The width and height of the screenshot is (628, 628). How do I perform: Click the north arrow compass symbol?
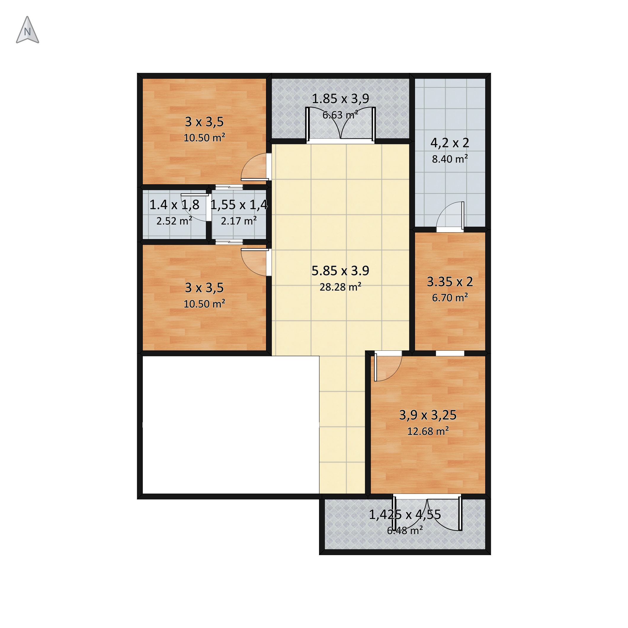tap(27, 30)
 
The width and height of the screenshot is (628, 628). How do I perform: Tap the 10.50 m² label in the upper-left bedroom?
tap(204, 138)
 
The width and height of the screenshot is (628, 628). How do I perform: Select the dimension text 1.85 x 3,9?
tap(340, 98)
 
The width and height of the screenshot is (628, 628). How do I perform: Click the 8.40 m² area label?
tap(450, 159)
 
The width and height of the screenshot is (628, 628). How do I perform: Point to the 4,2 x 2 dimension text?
tap(450, 143)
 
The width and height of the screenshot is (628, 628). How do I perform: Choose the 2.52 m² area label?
tap(174, 221)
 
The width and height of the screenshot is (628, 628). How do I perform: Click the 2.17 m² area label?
tap(239, 221)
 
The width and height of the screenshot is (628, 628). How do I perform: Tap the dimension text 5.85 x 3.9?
tap(340, 270)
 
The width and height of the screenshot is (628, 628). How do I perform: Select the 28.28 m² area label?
tap(340, 287)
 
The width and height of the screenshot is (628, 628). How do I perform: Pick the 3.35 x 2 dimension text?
tap(450, 281)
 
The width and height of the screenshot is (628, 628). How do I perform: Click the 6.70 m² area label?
tap(450, 297)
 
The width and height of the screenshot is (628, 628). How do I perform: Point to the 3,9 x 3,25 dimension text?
tap(428, 415)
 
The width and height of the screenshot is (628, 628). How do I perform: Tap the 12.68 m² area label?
tap(428, 431)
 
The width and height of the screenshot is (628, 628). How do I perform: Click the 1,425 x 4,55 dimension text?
tap(405, 515)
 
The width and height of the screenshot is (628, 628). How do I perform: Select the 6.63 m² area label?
tap(340, 115)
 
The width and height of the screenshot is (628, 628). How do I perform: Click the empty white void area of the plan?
tap(231, 425)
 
